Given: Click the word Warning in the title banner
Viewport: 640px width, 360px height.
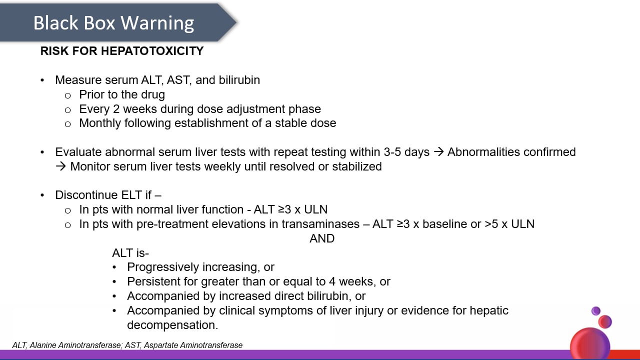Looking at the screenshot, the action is coord(157,23).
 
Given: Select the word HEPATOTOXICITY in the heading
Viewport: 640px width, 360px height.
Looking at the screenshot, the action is coord(152,51).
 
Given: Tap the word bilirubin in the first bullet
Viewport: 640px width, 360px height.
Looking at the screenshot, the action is coord(239,80).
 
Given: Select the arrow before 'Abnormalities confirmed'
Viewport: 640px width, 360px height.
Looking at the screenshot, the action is coord(438,152).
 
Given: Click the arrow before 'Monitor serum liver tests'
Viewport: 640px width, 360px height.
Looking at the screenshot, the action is coord(60,166).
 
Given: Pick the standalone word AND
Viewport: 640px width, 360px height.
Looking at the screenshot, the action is coord(322,238).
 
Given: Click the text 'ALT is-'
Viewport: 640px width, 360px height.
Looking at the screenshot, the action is coord(130,253).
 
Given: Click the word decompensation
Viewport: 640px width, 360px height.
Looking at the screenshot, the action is coord(172,325).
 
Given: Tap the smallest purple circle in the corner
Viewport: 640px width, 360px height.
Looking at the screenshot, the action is coord(595,311).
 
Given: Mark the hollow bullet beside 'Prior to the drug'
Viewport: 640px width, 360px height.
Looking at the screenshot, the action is coord(67,95).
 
